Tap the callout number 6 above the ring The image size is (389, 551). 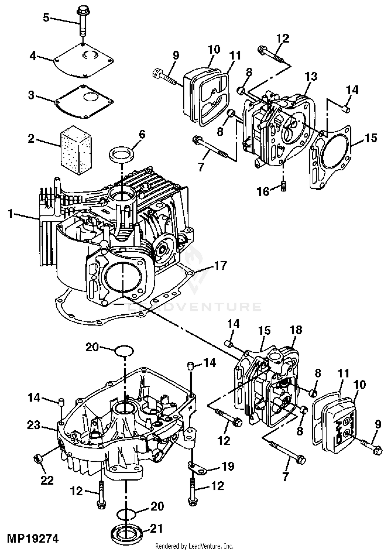[x=142, y=134]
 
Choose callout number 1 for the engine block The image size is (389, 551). [x=10, y=214]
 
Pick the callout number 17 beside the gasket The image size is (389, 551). [x=220, y=266]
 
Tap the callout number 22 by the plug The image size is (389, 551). [x=47, y=480]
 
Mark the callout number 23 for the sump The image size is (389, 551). [x=34, y=425]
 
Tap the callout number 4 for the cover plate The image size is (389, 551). [x=33, y=56]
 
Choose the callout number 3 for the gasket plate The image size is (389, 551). [x=31, y=95]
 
